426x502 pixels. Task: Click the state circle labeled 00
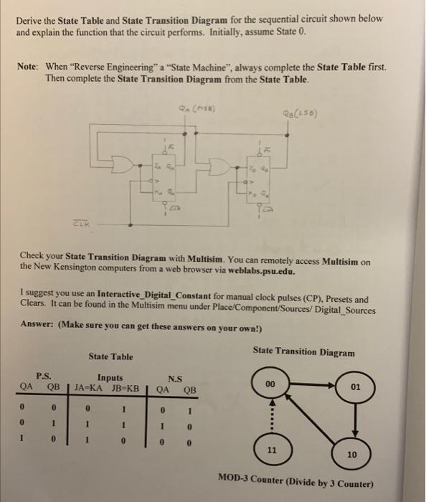tap(270, 385)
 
